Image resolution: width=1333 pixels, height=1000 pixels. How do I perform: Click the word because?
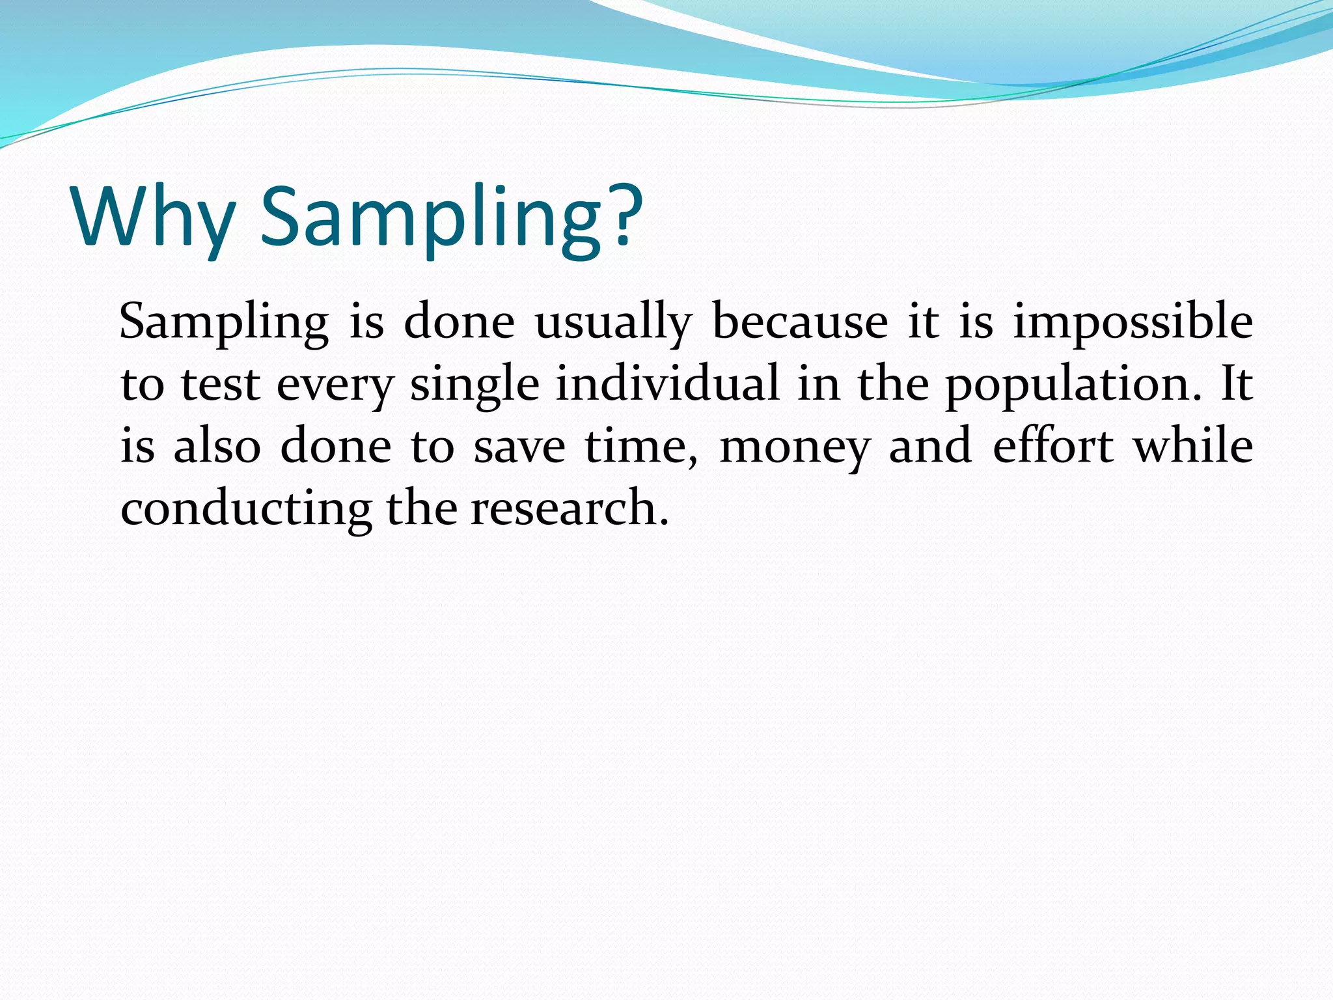click(x=800, y=322)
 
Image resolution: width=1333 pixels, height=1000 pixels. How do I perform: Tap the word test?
click(x=220, y=384)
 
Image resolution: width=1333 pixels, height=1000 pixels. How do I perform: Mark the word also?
click(x=217, y=446)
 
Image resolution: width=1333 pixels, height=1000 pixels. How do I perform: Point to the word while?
click(x=1193, y=445)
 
